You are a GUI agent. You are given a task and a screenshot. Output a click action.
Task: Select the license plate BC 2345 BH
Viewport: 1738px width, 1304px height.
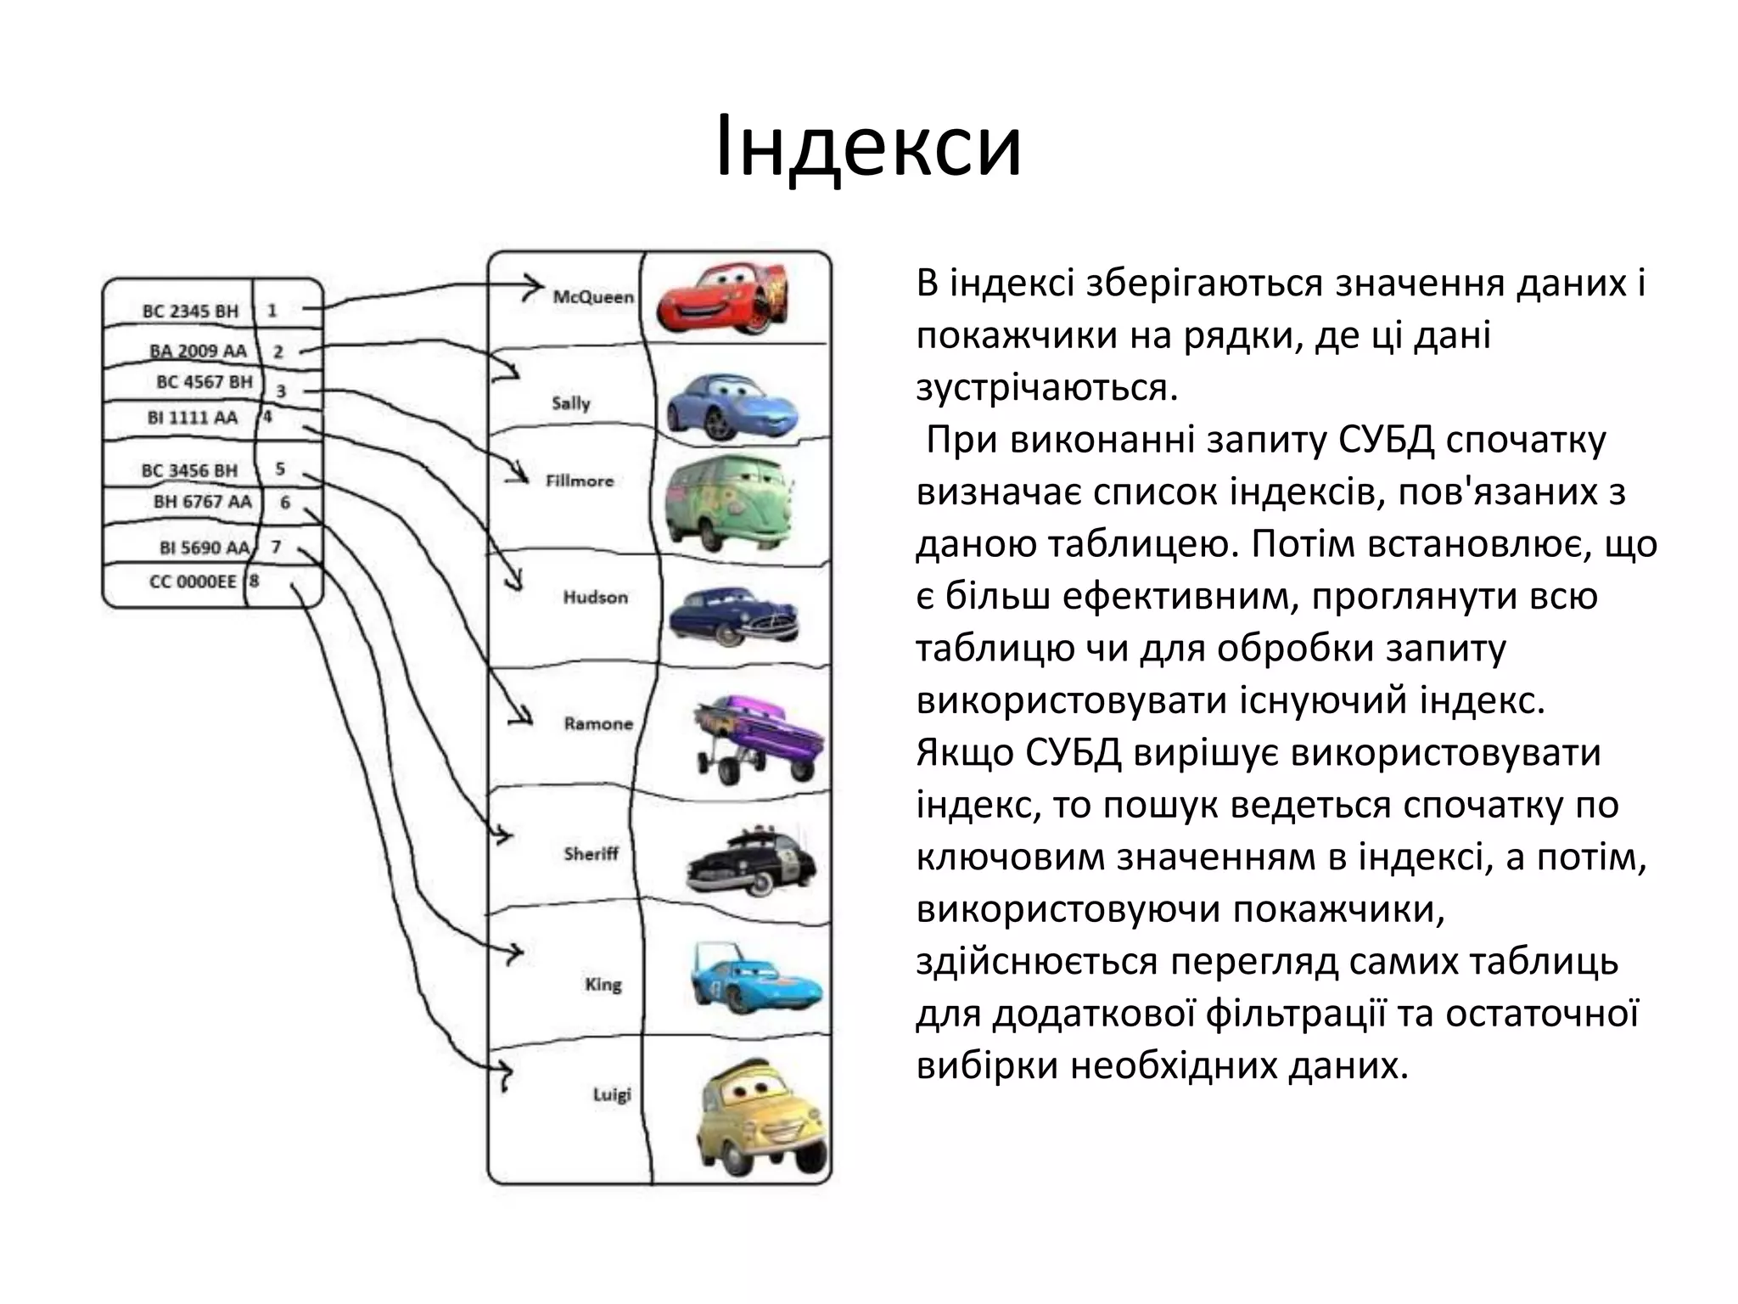[190, 312]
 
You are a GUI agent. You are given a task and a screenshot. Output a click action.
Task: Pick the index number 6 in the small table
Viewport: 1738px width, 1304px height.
[285, 503]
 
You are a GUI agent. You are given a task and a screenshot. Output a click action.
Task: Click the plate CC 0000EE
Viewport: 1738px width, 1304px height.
[193, 582]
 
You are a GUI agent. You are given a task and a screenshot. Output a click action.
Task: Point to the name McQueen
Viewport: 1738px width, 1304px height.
[593, 297]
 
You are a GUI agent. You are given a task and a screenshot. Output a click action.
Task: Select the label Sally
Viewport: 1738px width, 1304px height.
[570, 403]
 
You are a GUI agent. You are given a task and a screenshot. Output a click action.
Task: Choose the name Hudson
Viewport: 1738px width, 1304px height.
[595, 598]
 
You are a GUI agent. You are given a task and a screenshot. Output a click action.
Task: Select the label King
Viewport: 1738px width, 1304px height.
[603, 985]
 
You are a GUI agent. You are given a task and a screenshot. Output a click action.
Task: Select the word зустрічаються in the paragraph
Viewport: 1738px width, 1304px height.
[1046, 388]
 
